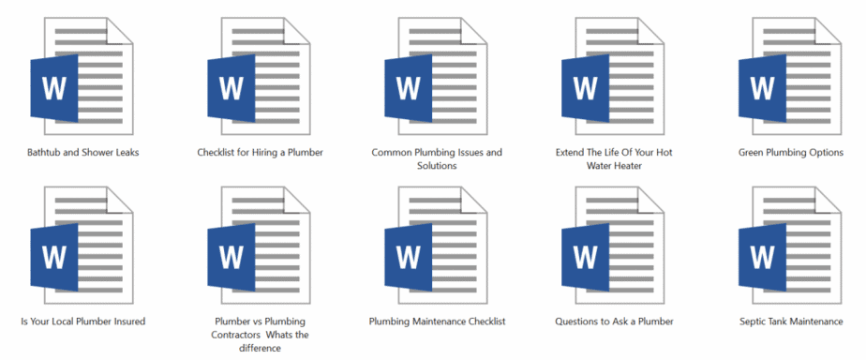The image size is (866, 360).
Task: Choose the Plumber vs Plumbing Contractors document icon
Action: pos(259,246)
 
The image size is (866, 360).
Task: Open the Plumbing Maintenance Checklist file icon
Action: pos(436,246)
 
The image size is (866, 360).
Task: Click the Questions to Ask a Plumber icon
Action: pos(614,246)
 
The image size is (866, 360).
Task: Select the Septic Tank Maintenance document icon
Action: pos(790,246)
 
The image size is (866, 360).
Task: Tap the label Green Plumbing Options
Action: pos(791,152)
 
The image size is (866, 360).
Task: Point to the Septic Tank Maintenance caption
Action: pos(791,322)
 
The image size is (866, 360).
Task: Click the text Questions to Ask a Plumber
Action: pos(614,322)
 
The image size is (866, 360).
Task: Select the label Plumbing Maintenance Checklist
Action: pos(437,322)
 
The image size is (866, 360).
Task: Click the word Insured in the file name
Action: pos(127,322)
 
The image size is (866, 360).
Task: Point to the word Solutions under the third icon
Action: pos(437,166)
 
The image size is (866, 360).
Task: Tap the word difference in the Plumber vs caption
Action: pos(260,348)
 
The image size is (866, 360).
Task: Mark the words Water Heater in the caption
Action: pos(614,166)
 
